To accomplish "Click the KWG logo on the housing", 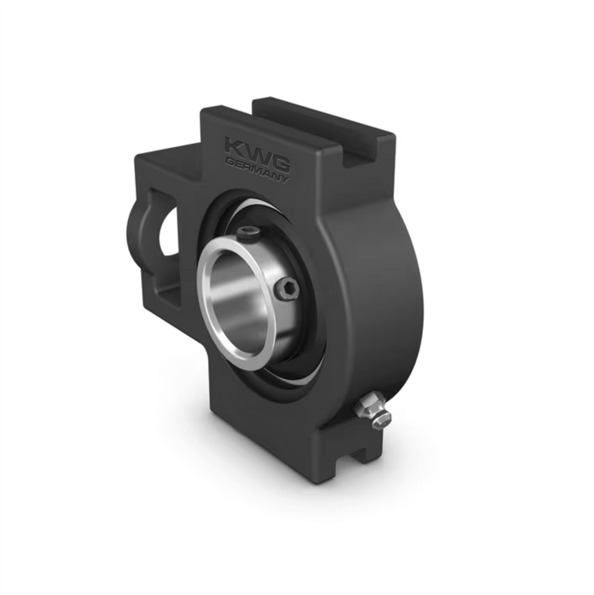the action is coord(258,154).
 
